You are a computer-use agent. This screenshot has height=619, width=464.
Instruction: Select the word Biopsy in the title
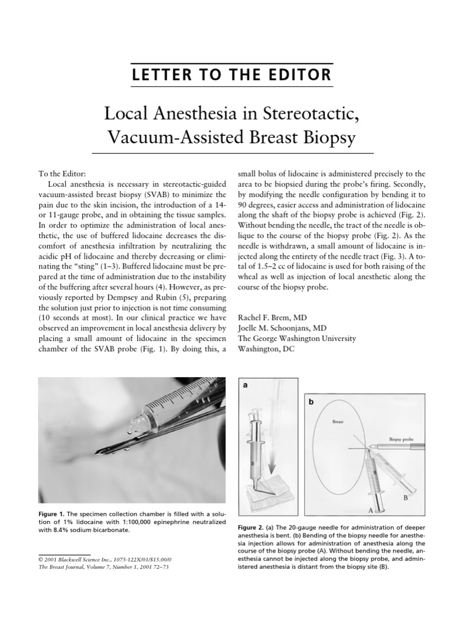click(324, 139)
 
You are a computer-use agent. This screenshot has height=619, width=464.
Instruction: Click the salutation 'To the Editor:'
click(66, 173)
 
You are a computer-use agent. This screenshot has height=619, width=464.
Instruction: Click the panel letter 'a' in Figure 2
click(245, 384)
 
